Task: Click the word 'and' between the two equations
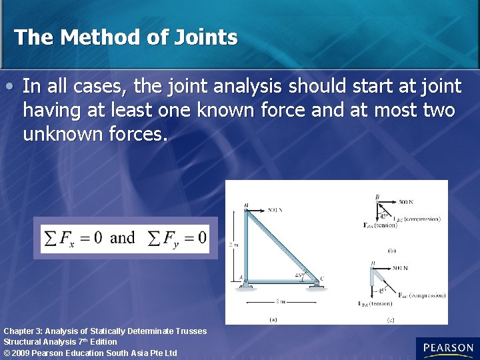click(x=122, y=238)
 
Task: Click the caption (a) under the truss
click(x=273, y=319)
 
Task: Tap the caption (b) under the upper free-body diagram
click(x=391, y=251)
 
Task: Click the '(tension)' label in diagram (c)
click(x=381, y=304)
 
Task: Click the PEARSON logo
click(x=447, y=348)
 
